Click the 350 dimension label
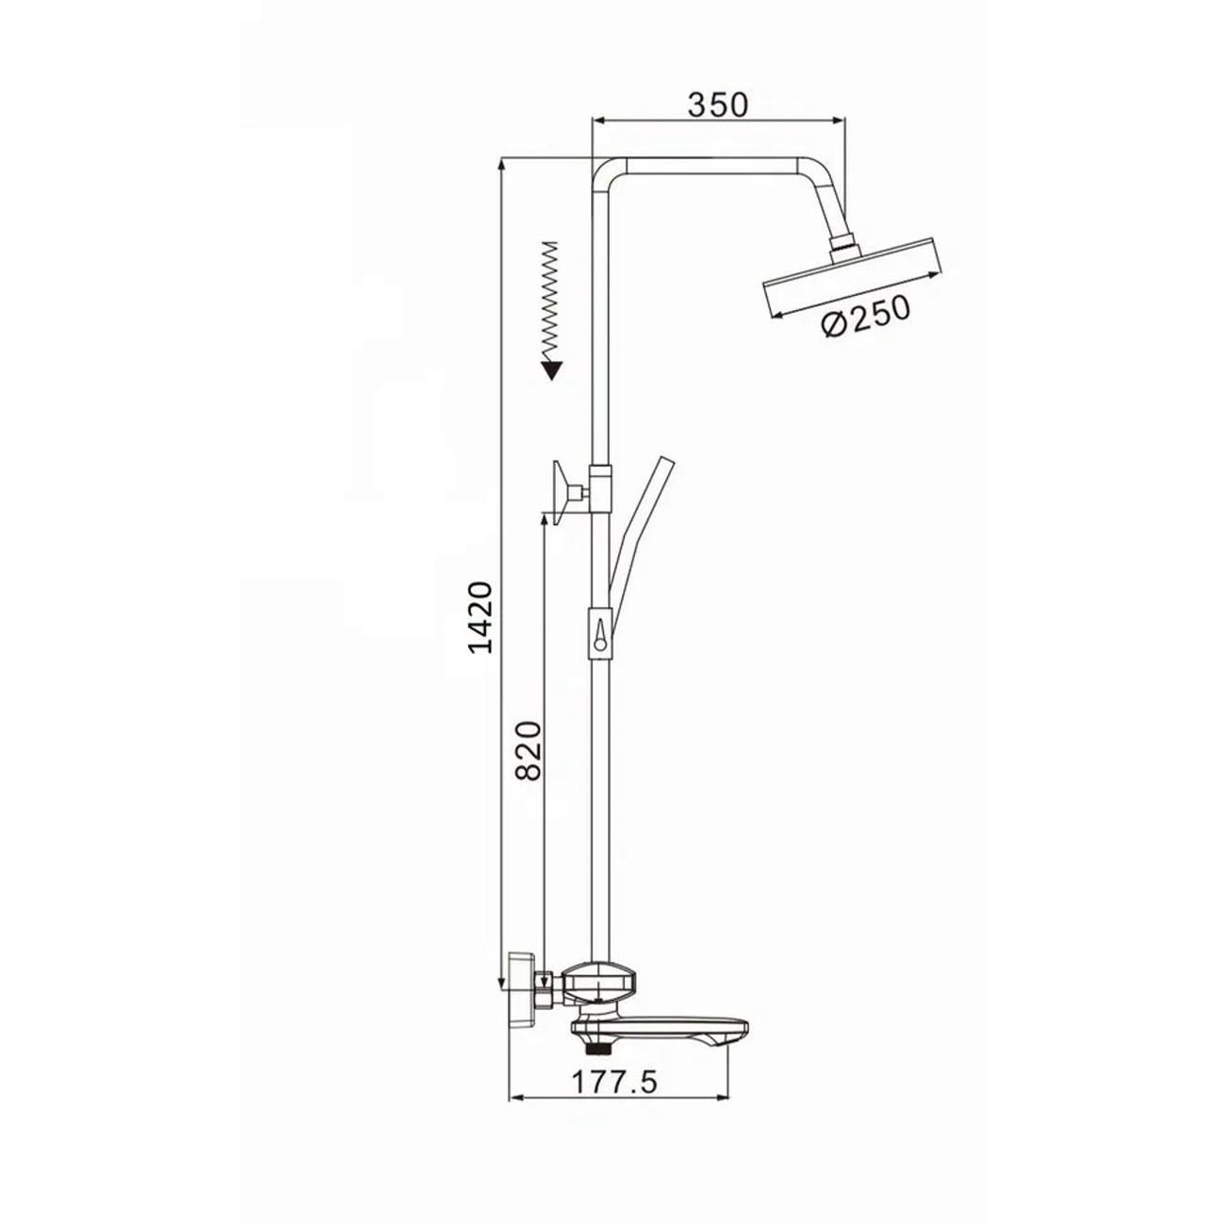point(718,106)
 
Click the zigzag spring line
point(549,300)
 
